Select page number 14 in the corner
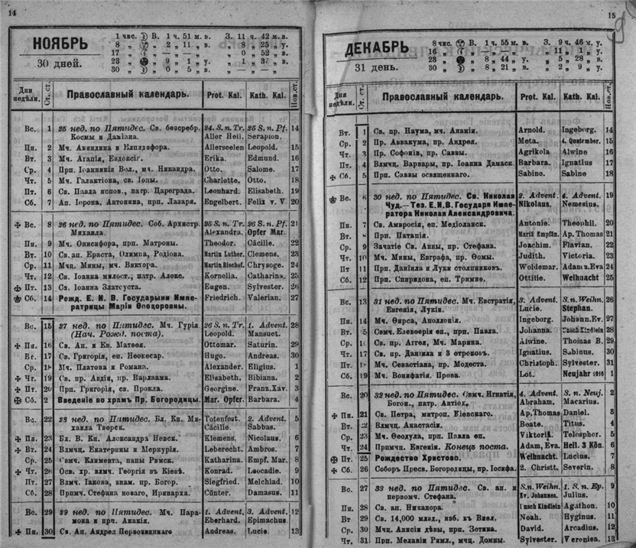coord(11,7)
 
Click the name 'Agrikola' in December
coord(534,151)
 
